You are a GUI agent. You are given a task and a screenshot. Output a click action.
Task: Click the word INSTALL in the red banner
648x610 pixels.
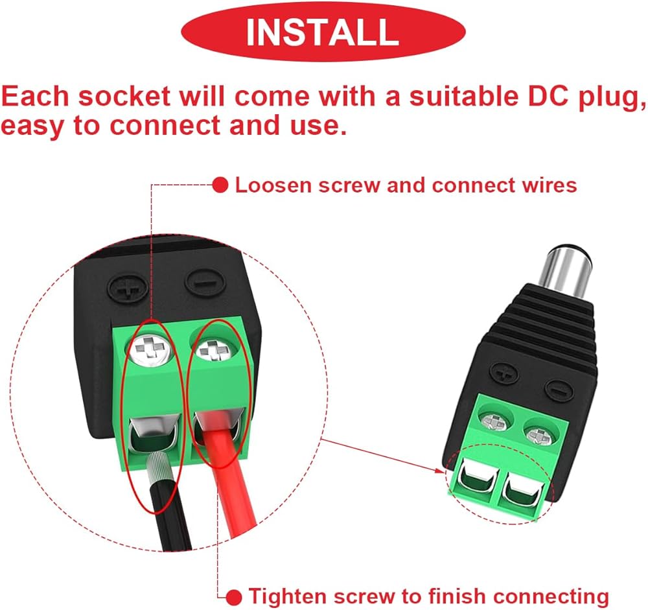click(322, 32)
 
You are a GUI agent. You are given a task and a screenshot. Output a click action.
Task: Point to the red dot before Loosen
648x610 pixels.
click(221, 186)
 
